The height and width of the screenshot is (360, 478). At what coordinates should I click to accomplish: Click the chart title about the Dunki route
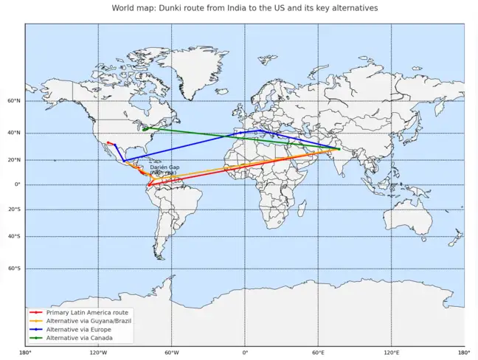245,8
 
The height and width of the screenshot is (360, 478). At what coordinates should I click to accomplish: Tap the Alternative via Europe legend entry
78,329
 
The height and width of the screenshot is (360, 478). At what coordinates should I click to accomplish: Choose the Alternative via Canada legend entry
79,338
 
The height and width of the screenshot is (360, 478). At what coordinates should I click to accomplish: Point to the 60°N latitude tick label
14,101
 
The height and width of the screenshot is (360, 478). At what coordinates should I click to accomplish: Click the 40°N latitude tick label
14,133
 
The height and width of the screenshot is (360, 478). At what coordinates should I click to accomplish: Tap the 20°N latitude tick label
14,159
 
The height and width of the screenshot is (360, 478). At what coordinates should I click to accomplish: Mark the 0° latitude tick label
18,184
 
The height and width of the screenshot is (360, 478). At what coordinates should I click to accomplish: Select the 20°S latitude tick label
14,210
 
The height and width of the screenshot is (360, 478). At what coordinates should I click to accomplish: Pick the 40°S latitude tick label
14,236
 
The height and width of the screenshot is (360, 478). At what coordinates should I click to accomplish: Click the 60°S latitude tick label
14,269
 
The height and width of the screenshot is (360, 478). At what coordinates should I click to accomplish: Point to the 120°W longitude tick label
98,353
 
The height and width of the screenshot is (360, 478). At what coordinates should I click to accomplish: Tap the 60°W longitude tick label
171,353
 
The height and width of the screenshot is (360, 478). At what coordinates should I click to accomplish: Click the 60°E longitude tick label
318,353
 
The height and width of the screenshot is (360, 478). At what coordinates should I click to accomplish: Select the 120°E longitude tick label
391,353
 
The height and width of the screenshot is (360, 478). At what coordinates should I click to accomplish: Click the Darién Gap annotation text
164,169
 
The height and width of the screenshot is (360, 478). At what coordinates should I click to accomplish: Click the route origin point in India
339,149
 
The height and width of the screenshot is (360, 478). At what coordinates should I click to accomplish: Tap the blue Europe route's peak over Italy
260,131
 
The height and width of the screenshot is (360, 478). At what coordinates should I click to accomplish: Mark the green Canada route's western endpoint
144,128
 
